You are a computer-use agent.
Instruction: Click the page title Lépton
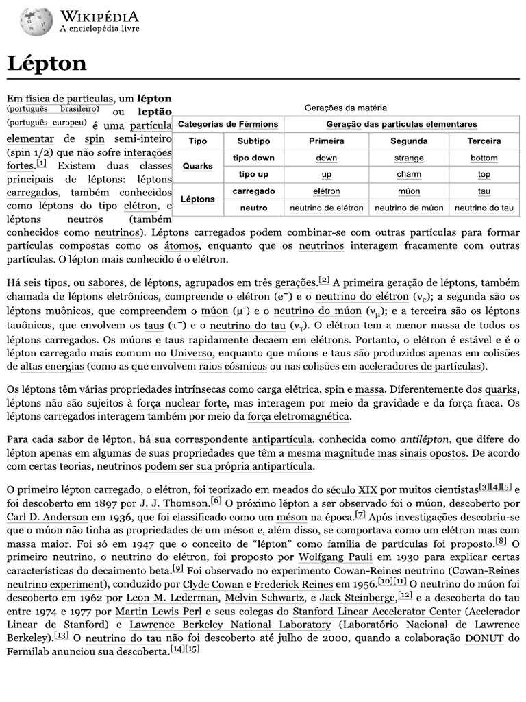47,64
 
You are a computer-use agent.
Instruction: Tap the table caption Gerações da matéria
345,108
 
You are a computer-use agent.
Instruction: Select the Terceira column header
484,141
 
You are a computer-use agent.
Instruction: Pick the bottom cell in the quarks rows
484,158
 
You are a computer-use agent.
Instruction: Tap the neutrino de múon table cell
408,208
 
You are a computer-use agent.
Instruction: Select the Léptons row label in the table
197,199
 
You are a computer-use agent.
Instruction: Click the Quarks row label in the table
197,167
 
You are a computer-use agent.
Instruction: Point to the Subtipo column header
253,141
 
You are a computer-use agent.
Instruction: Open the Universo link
192,353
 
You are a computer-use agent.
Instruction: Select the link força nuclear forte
181,403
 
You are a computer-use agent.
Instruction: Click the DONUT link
485,638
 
